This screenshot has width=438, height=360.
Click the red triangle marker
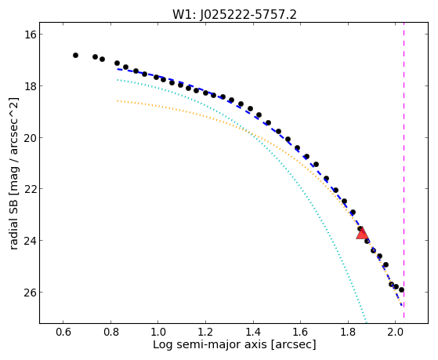362,234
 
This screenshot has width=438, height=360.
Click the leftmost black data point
75,56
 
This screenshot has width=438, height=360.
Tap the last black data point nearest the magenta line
401,289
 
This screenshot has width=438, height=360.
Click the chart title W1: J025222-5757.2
234,14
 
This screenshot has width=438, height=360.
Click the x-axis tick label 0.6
63,333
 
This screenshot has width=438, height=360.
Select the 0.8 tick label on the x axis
110,333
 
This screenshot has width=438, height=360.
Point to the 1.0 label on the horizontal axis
157,333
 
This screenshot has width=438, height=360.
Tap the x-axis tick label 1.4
253,333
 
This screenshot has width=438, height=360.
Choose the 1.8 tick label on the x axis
348,333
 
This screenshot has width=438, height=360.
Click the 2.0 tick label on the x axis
395,333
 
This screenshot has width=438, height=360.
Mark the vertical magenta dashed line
404,173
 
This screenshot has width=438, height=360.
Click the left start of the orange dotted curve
118,100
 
